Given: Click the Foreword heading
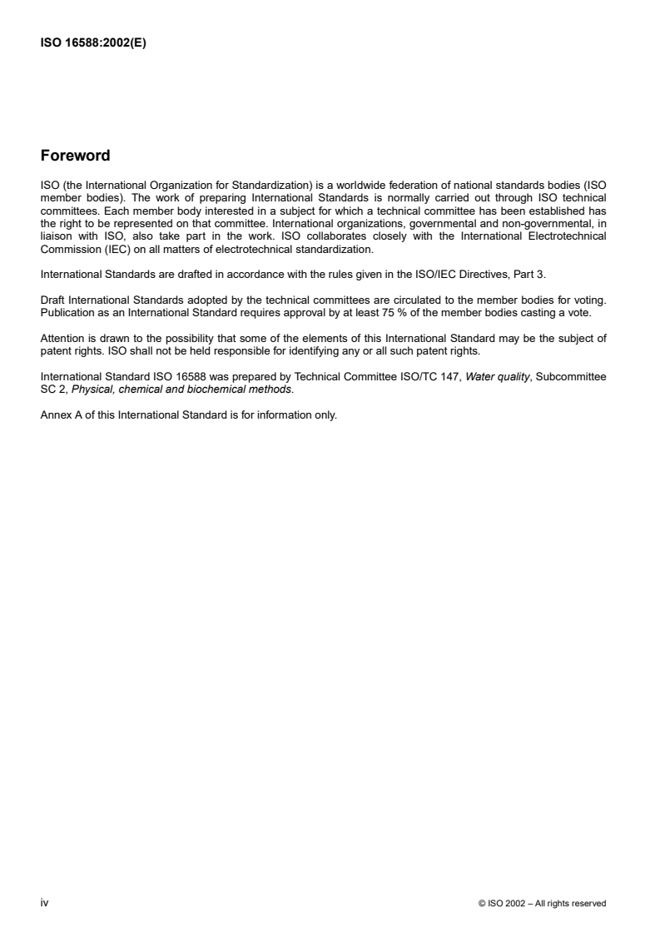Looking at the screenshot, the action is [x=75, y=156].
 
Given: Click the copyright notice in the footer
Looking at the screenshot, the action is [x=543, y=903].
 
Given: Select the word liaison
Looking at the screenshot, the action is [x=56, y=236].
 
